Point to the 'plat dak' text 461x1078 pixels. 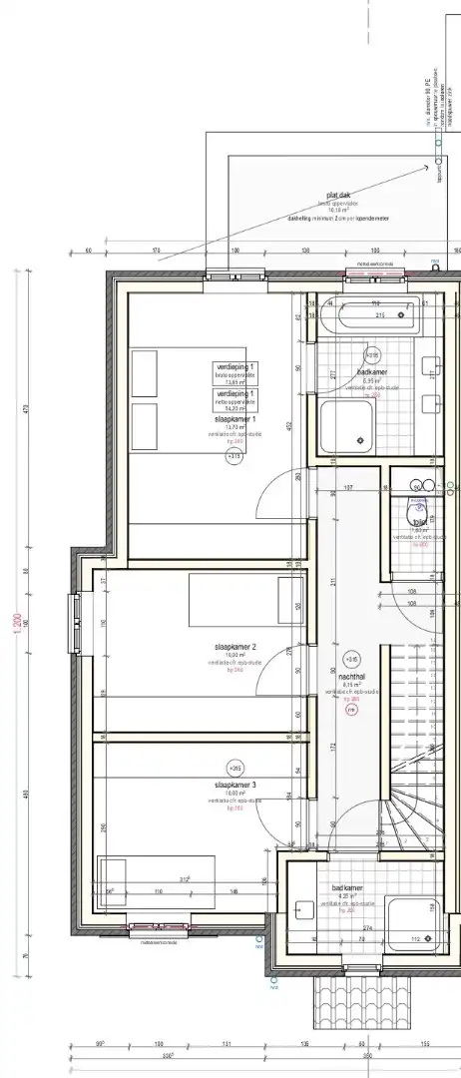tap(337, 196)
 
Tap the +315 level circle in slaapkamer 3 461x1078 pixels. tap(235, 768)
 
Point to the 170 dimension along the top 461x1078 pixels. tap(156, 250)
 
